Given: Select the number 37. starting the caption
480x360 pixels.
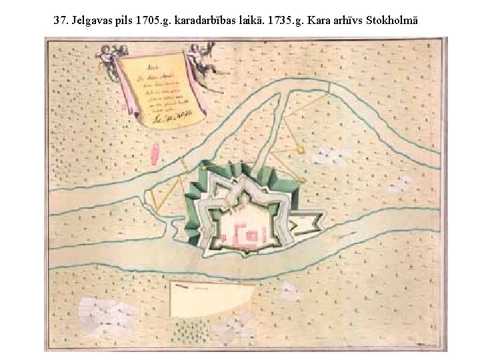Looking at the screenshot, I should tap(62, 21).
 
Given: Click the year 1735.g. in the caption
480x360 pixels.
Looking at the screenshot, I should tap(285, 21).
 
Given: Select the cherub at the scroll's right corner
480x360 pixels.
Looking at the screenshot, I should tap(198, 56).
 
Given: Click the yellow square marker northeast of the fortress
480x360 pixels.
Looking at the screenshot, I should tap(301, 151).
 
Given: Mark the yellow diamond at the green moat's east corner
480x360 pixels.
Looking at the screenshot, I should tap(304, 180).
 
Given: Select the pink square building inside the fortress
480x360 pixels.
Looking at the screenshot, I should tap(253, 235).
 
